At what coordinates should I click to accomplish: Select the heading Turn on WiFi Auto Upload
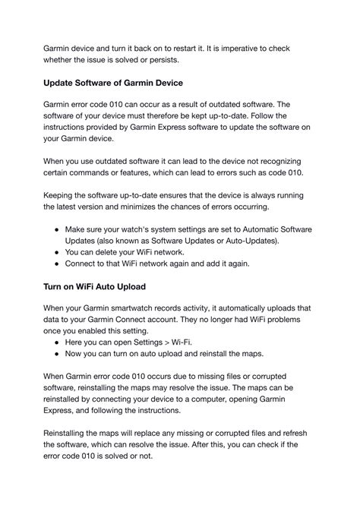[105, 287]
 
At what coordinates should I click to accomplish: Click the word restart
[189, 48]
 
